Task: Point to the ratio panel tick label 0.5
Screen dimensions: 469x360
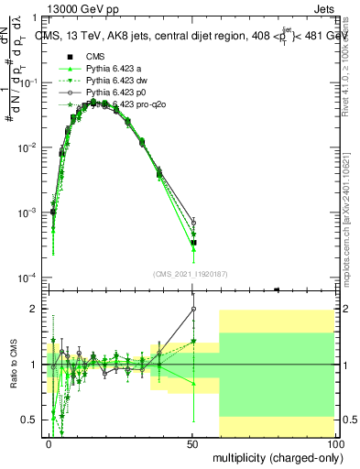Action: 30,420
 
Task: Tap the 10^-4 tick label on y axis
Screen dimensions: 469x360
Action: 28,278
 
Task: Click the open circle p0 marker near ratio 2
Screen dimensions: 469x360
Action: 193,309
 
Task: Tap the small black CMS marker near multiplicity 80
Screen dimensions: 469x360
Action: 277,289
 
